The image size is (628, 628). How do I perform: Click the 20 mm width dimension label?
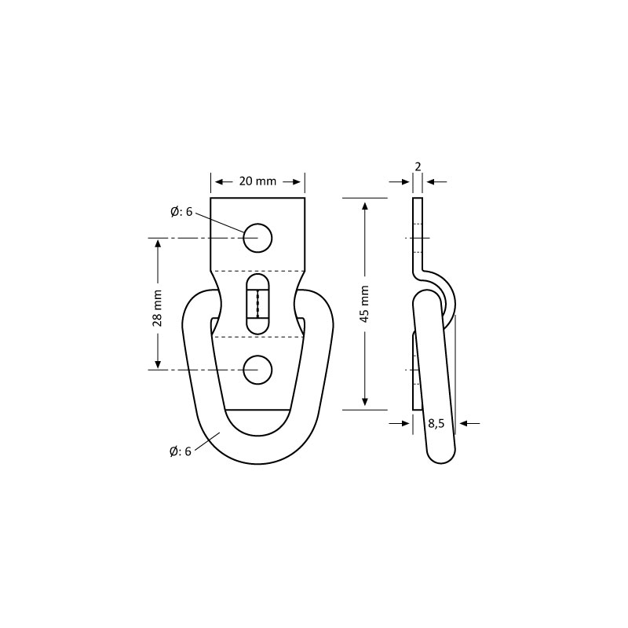pyautogui.click(x=257, y=181)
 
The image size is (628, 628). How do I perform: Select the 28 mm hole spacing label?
pyautogui.click(x=158, y=308)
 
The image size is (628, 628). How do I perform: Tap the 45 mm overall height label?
pyautogui.click(x=364, y=304)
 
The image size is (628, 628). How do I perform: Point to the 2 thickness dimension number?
pyautogui.click(x=418, y=166)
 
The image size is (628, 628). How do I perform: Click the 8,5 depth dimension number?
pyautogui.click(x=436, y=423)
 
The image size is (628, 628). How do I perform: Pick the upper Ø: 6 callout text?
pyautogui.click(x=181, y=212)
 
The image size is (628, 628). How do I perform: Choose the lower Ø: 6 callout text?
pyautogui.click(x=181, y=452)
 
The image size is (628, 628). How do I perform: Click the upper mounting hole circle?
pyautogui.click(x=257, y=238)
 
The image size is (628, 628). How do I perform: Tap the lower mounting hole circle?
pyautogui.click(x=257, y=370)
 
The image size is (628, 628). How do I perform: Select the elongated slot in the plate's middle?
pyautogui.click(x=257, y=304)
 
